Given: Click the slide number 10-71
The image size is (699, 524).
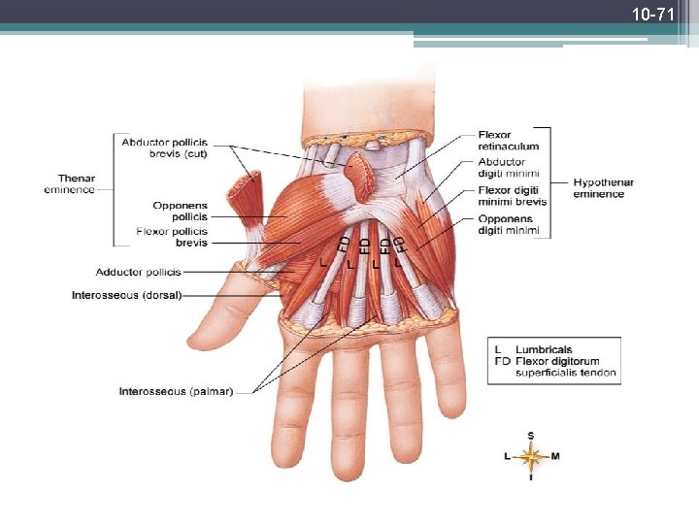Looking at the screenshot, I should (652, 15).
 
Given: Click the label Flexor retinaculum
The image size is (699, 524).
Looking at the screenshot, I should (508, 141).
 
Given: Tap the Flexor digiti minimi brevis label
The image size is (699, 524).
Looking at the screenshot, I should (512, 195).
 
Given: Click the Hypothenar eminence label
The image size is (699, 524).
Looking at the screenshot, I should (603, 188).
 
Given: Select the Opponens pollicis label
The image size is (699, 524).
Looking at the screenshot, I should (180, 211).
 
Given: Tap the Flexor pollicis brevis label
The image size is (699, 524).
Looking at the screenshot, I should (172, 237).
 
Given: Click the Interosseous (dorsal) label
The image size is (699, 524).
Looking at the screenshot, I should (126, 294).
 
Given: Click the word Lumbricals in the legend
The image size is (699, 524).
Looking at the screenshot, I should (544, 349).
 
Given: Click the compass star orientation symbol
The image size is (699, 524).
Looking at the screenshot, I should (530, 456).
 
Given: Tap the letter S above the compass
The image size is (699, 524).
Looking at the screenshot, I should (530, 435).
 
